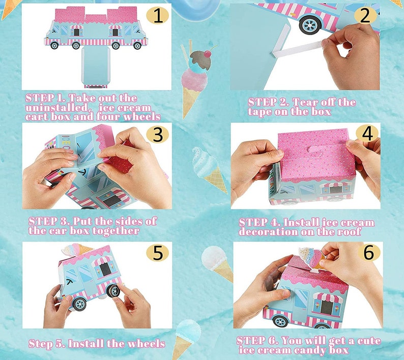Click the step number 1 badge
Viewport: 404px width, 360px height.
point(157,16)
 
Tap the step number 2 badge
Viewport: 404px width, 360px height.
point(365,15)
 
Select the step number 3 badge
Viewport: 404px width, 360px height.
point(157,135)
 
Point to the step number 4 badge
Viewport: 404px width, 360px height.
point(367,134)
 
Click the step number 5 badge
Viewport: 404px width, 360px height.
point(157,252)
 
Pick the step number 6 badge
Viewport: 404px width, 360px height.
point(369,252)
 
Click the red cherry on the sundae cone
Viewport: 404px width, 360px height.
point(208,54)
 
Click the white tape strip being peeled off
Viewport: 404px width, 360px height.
point(296,50)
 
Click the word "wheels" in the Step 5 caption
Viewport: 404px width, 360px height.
point(147,344)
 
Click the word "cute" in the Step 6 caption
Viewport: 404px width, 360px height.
point(368,341)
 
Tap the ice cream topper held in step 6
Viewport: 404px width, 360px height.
point(310,257)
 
